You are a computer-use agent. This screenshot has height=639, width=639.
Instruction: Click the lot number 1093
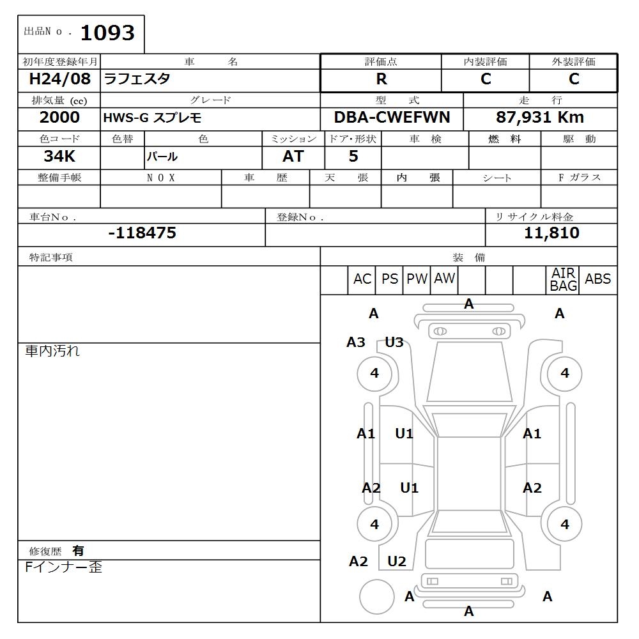(x=107, y=33)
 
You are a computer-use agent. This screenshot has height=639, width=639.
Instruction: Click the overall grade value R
(x=381, y=79)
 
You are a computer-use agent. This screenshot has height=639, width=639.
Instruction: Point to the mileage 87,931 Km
(x=540, y=118)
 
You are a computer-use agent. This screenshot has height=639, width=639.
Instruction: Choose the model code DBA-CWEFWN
(x=392, y=118)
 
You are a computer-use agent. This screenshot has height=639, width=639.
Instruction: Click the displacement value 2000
(x=59, y=118)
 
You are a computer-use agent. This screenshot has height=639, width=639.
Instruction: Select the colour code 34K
(x=59, y=156)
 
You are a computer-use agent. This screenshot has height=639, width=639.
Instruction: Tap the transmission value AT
(x=293, y=156)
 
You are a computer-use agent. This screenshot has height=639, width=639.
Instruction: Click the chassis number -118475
(x=142, y=233)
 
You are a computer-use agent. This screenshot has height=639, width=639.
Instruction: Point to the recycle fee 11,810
(x=551, y=233)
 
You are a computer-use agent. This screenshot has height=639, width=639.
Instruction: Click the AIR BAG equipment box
(x=563, y=280)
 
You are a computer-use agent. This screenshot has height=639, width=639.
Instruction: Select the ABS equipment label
(x=597, y=279)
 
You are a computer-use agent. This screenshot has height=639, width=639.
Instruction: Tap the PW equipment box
(x=417, y=279)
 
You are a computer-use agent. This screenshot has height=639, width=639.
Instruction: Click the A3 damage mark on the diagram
(x=356, y=343)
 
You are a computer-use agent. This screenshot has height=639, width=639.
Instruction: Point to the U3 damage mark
(x=394, y=343)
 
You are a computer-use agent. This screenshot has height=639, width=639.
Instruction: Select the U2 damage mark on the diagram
(x=397, y=562)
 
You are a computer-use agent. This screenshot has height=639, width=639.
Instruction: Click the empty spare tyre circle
(x=376, y=597)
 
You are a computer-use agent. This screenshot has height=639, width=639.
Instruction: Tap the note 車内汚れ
(x=52, y=351)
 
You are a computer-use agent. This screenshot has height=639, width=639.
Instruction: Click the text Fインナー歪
(x=63, y=567)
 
